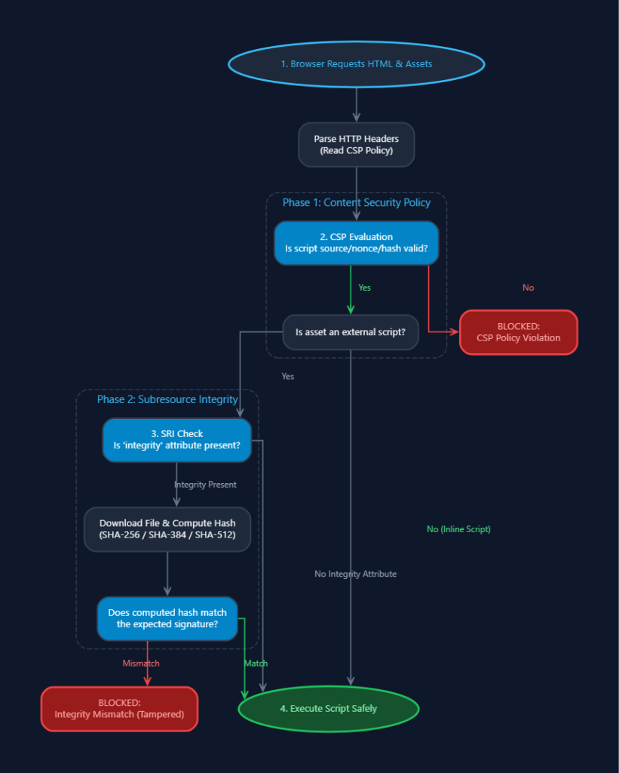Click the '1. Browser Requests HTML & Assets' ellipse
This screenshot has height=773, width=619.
(x=356, y=64)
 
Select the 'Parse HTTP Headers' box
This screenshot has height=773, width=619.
(x=356, y=144)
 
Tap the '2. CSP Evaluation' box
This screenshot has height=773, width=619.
(x=356, y=242)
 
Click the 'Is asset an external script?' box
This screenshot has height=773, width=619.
(x=350, y=332)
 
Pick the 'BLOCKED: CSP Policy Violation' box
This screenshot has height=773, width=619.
(x=518, y=332)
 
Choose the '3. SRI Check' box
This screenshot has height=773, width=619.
(x=176, y=440)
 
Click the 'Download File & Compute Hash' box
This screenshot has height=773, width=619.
(x=167, y=529)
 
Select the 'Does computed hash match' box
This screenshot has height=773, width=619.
(x=167, y=618)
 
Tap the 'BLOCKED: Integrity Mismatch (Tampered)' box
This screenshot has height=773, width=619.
(x=119, y=708)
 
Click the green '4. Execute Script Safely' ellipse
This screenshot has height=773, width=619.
(x=329, y=708)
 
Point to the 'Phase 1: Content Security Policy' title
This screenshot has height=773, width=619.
(x=357, y=202)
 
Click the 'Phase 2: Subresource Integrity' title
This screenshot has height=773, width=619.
(x=167, y=399)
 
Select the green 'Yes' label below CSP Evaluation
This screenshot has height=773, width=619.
(x=364, y=288)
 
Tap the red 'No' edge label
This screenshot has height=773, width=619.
(x=529, y=288)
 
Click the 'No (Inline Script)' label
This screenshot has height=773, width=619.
(x=458, y=529)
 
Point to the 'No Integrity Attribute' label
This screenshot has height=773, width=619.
(x=356, y=574)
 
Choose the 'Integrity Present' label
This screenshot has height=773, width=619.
(x=205, y=485)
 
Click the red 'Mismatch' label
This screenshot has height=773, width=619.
(x=141, y=664)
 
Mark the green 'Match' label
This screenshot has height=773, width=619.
(x=256, y=664)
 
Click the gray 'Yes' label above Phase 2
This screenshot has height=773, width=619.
(x=287, y=376)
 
